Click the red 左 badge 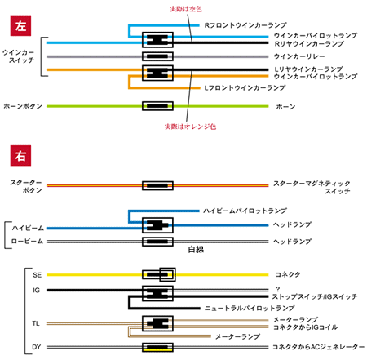point(20,25)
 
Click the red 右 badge point(20,156)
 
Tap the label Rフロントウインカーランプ point(245,25)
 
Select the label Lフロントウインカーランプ point(245,87)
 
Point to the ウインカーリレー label point(299,56)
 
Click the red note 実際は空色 point(186,9)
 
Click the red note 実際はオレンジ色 point(190,127)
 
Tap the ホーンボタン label point(23,106)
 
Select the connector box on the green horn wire point(157,106)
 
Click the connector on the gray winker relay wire point(157,56)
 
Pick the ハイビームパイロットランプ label point(245,211)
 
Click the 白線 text point(196,250)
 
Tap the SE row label point(37,275)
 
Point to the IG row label point(37,291)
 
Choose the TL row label point(36,323)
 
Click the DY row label point(37,347)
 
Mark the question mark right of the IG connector point(277,289)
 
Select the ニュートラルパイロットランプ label point(250,309)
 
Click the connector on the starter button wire point(157,185)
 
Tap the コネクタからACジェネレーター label point(318,347)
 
